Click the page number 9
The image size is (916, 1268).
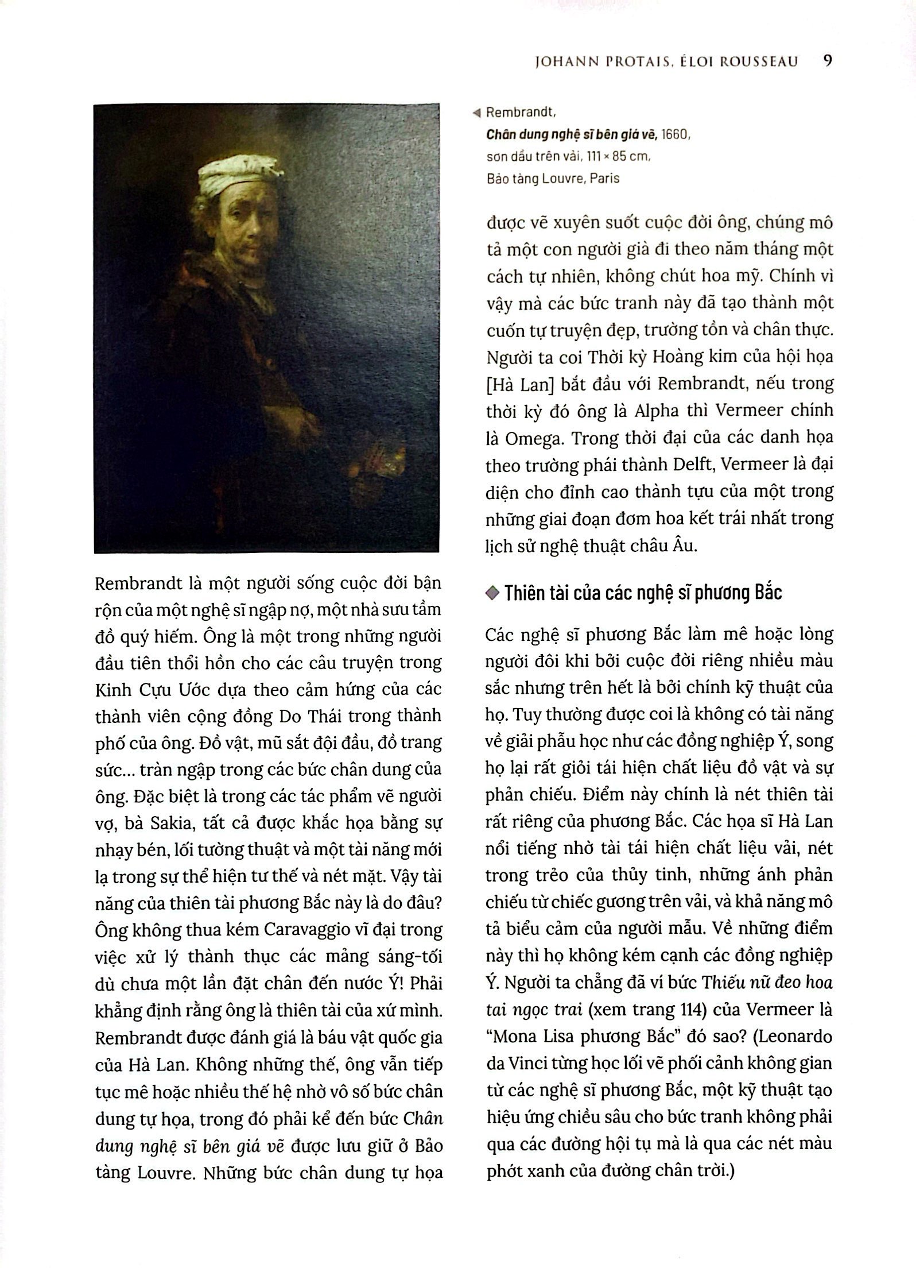coord(827,61)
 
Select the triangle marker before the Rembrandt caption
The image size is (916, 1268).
coord(476,113)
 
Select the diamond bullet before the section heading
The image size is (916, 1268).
coord(492,594)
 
